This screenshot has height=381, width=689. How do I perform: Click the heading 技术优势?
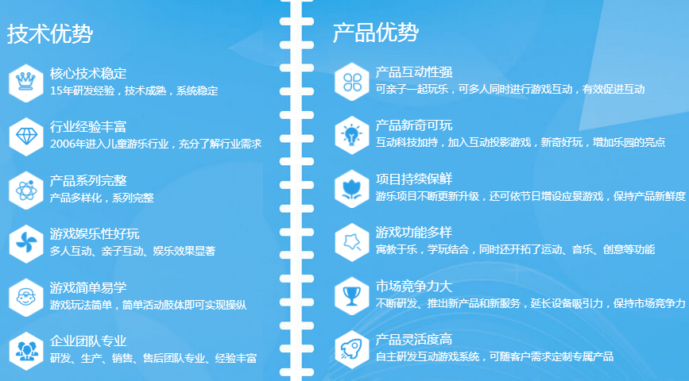(49, 34)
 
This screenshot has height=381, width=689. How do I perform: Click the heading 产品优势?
(376, 32)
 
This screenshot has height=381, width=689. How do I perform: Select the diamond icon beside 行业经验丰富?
(26, 136)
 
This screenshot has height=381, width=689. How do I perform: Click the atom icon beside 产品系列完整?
(26, 190)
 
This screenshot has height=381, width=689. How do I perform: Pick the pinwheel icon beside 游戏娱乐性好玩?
(26, 243)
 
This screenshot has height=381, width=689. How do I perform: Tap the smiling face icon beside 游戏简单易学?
(26, 297)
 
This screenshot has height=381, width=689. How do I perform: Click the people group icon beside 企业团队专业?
(26, 350)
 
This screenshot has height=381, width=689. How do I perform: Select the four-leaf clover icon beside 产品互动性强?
(352, 82)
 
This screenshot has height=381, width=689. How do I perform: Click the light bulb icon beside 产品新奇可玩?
(351, 135)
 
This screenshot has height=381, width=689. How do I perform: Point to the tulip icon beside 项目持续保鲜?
(351, 189)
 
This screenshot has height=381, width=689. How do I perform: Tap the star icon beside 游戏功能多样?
(352, 242)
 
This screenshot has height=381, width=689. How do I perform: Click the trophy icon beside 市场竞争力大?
(351, 296)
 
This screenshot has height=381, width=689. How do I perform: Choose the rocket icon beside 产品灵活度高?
(351, 349)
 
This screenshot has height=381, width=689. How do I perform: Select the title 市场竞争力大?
(414, 287)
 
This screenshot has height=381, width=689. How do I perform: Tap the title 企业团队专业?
(88, 341)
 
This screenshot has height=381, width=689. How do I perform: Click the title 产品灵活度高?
(414, 339)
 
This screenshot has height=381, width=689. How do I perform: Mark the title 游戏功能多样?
(414, 233)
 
